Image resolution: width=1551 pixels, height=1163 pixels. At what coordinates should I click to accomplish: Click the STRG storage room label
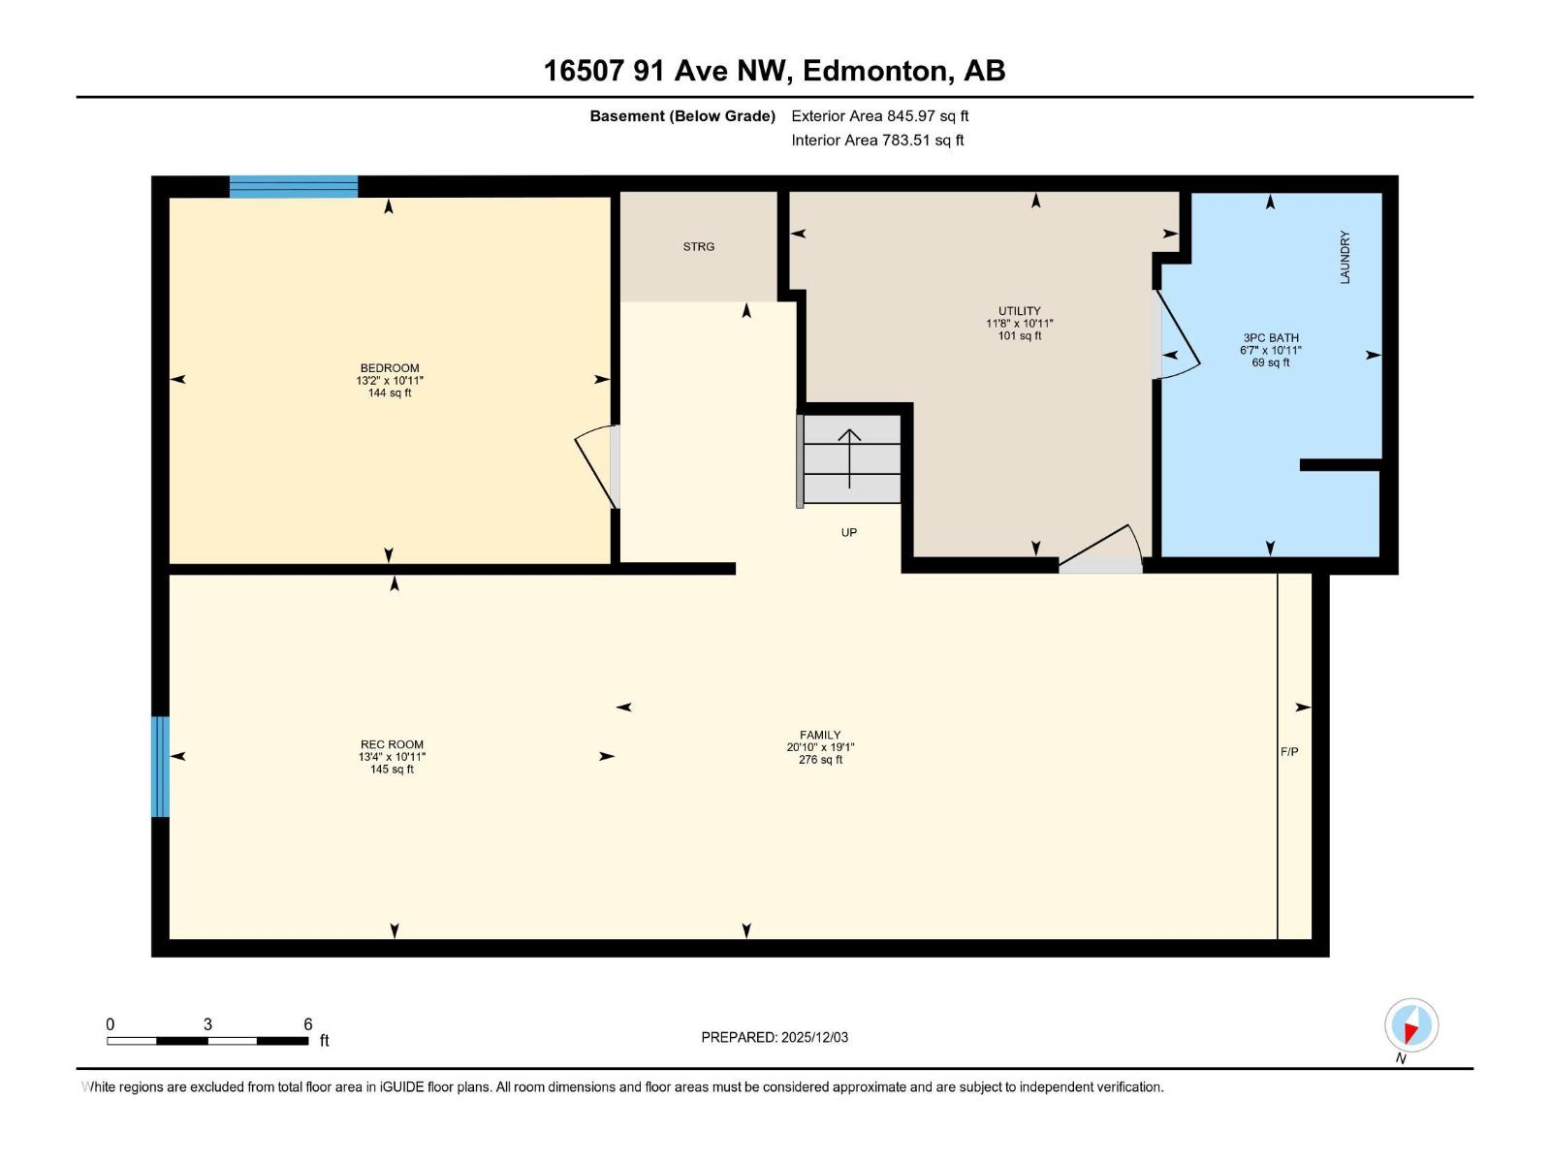click(698, 247)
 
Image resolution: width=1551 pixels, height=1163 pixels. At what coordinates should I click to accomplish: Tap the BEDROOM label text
click(390, 368)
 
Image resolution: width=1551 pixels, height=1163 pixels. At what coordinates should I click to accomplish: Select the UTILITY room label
click(1019, 311)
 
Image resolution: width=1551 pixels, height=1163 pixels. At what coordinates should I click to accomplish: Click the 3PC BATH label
click(1270, 338)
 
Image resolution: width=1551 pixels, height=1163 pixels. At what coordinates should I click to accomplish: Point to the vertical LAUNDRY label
click(1345, 257)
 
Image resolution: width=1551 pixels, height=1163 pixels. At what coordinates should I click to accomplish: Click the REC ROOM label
click(392, 744)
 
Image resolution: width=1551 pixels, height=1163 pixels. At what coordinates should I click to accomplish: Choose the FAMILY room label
click(820, 735)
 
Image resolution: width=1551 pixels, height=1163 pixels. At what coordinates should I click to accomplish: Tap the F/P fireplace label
click(1289, 752)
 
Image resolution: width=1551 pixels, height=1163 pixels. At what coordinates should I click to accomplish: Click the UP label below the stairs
click(848, 533)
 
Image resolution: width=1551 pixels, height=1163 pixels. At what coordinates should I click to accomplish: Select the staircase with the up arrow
click(851, 458)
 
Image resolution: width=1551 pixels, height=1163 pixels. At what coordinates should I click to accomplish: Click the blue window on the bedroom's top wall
click(294, 187)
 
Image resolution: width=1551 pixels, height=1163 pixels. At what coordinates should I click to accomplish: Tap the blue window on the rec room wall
click(160, 767)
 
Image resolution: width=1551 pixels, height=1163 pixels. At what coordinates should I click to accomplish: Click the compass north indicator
click(1410, 1025)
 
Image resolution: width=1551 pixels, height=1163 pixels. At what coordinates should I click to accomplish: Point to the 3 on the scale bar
click(207, 1024)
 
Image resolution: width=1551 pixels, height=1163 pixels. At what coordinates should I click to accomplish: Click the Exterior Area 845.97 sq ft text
click(879, 116)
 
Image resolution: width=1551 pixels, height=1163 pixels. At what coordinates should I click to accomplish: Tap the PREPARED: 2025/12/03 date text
click(775, 1037)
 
